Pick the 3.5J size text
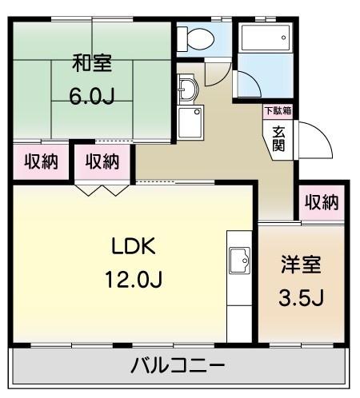301,298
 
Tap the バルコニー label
178,368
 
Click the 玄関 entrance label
279,139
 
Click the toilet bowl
197,37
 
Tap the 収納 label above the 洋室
321,203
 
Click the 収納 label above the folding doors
102,162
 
